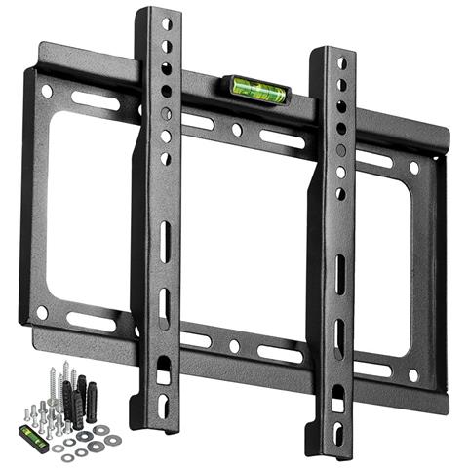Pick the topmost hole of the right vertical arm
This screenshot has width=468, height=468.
[x=341, y=62]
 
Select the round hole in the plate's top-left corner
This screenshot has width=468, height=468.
[x=47, y=91]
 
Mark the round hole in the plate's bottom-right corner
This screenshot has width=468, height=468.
[x=413, y=374]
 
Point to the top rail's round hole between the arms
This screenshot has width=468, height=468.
[x=237, y=129]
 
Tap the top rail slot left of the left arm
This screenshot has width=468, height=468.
[x=96, y=100]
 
